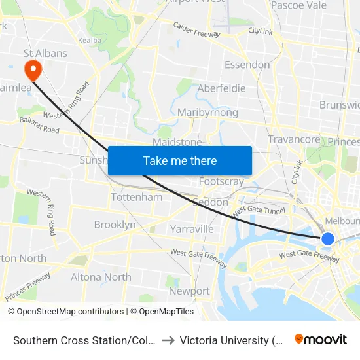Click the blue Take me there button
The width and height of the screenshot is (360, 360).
pos(180,160)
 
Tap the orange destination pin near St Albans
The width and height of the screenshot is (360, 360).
pos(31,69)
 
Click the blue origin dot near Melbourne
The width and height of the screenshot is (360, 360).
pos(328,239)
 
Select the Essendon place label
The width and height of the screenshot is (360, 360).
pos(247,65)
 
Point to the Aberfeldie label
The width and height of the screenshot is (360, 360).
pos(221,88)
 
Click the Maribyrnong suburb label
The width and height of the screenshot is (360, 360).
pos(207,113)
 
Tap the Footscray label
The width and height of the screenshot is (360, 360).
pos(221,182)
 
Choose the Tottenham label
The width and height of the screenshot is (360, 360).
pos(137,197)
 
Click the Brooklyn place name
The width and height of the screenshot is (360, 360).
pos(115,225)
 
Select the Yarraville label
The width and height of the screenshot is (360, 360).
pos(192,229)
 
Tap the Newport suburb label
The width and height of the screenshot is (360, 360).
pos(189,291)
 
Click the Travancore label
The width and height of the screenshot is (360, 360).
pos(294,139)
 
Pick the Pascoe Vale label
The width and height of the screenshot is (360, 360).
pos(298,5)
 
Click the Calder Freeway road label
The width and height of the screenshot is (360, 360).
pos(196,30)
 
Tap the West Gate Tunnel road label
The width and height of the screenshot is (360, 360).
pos(259,210)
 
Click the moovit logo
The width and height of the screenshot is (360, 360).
pos(321,340)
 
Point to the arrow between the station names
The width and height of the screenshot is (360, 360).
pos(168,340)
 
